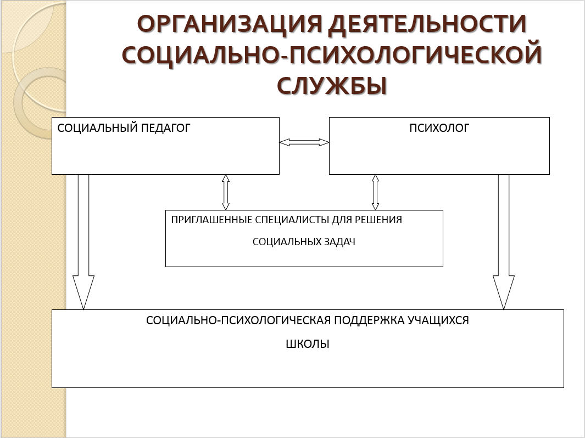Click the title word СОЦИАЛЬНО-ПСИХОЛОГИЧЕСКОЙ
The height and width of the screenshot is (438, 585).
332,56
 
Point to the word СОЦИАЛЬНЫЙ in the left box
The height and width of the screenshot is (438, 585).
91,129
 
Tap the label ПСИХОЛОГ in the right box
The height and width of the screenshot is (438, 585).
439,129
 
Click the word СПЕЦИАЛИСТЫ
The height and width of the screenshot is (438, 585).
292,220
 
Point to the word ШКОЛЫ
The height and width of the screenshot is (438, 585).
308,345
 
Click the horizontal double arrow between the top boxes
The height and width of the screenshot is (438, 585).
304,142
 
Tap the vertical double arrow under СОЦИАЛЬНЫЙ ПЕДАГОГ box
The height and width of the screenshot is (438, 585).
225,192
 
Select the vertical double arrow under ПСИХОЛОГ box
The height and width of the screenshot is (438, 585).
376,192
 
